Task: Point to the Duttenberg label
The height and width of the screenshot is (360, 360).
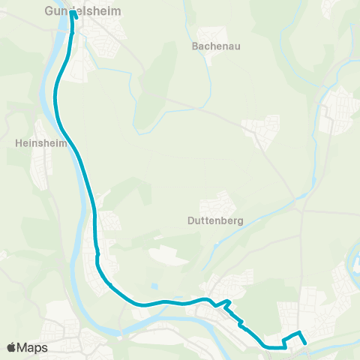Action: coord(212,221)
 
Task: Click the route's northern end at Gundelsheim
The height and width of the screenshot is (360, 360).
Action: coord(72,13)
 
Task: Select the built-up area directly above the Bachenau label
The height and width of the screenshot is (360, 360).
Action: coord(212,34)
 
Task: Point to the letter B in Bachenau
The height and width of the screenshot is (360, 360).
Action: coord(195,46)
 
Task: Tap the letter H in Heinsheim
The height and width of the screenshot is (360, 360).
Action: coord(18,141)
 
